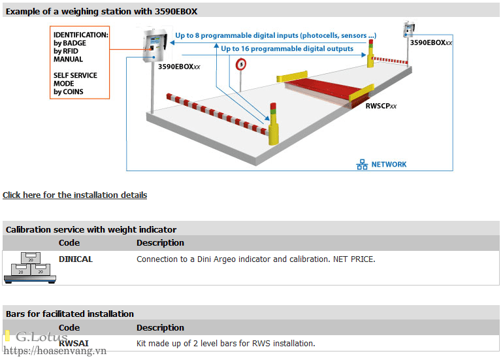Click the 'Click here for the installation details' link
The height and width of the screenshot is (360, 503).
point(74,195)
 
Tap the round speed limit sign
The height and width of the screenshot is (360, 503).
point(241,65)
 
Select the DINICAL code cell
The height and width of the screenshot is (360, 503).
point(76,259)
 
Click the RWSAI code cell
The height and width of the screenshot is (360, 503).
point(73,343)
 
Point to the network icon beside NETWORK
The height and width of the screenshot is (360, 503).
point(362,164)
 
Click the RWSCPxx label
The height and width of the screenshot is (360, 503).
point(381,106)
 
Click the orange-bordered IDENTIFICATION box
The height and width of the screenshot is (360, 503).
point(80,63)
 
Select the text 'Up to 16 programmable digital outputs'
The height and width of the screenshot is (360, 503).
point(287,49)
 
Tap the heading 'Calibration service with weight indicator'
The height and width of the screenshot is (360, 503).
point(91,230)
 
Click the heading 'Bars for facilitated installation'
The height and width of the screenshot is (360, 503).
point(70,314)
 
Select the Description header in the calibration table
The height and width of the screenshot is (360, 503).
point(161,243)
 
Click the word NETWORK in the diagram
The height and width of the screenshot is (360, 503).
point(389,165)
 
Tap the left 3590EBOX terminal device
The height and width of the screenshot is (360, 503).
point(155,45)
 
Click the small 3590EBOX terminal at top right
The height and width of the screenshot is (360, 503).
point(408,29)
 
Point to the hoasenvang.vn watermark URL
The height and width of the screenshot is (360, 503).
point(55,351)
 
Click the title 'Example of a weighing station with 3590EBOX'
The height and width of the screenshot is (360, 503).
point(101,12)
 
